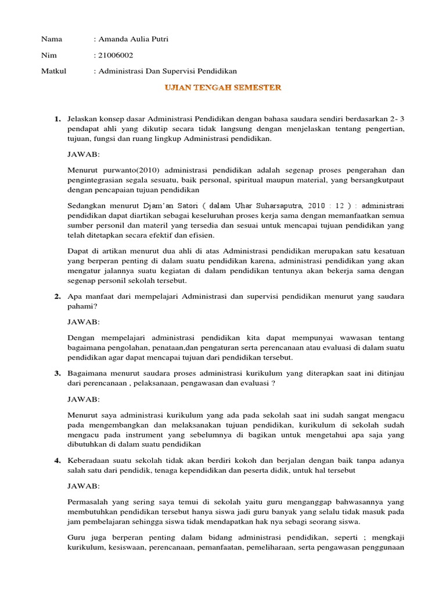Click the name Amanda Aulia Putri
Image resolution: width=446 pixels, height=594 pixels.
[133, 39]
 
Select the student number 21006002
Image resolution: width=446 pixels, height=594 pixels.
[114, 55]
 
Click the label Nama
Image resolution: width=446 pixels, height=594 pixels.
[51, 39]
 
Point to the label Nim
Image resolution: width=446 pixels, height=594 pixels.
[48, 55]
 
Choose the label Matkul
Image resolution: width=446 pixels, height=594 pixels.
[53, 71]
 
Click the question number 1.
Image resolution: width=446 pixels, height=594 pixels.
[57, 119]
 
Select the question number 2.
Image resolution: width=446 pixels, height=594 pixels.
[57, 296]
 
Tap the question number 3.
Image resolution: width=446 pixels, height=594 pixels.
[57, 373]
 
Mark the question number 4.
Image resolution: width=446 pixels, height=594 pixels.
[57, 460]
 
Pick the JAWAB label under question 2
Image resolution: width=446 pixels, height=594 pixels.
[84, 321]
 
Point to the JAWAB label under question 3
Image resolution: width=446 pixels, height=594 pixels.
[84, 399]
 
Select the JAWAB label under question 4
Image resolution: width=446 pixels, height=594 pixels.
[84, 486]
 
